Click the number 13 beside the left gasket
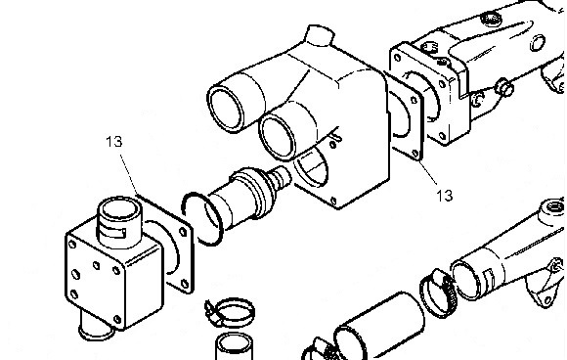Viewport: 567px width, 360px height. click(114, 142)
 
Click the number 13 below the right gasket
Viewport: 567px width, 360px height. click(445, 196)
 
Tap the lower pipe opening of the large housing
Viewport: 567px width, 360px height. click(278, 136)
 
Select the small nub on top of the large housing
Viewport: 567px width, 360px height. click(319, 35)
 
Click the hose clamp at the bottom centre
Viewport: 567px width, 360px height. click(231, 311)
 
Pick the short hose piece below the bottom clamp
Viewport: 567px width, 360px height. click(234, 346)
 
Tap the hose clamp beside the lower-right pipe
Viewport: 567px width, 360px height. click(437, 293)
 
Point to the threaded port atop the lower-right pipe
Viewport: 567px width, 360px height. click(552, 209)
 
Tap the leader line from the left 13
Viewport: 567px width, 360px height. click(129, 174)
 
